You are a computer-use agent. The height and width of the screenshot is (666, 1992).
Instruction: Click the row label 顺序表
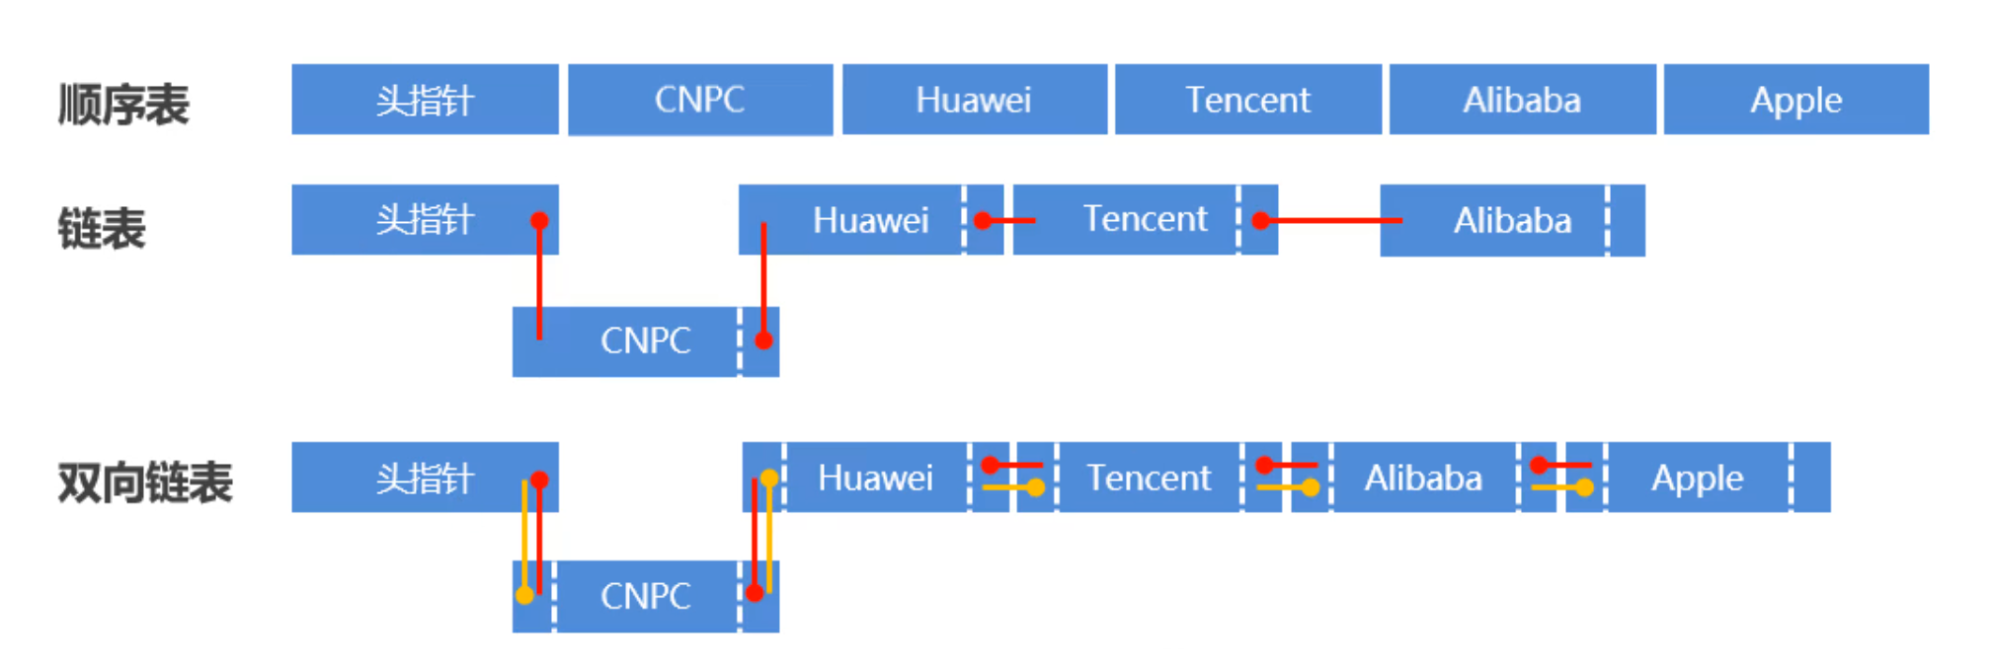click(123, 104)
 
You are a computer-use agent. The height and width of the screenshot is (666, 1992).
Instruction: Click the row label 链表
click(102, 228)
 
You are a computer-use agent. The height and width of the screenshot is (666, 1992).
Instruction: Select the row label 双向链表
click(145, 482)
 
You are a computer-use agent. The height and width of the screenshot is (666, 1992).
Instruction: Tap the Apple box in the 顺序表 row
click(1795, 100)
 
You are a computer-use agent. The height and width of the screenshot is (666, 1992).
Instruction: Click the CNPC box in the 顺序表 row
click(699, 100)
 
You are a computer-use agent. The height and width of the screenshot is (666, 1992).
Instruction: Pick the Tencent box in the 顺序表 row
click(1247, 100)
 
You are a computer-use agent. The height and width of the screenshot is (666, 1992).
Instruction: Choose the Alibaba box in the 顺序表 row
click(1522, 100)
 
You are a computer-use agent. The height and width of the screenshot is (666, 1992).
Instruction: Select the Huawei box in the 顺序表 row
click(974, 100)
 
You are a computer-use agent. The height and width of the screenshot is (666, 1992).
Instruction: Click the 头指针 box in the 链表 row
click(425, 219)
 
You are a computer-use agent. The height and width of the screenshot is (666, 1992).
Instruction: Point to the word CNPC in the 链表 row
click(645, 340)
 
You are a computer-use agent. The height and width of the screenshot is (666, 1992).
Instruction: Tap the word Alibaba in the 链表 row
click(1512, 220)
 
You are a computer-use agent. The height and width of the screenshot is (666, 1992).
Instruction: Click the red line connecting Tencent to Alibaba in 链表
click(1333, 220)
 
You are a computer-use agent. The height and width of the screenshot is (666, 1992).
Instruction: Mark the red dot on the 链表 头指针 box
click(539, 220)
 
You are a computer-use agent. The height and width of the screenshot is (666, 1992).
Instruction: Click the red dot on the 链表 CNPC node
click(763, 340)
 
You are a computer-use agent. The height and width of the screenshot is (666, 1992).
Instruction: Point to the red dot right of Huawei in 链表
click(983, 220)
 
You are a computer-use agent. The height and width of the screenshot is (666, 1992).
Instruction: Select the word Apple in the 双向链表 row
click(1697, 478)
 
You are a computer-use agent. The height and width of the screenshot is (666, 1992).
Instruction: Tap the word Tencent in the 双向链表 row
click(1149, 478)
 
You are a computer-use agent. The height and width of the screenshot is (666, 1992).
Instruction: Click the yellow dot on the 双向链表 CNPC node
click(524, 595)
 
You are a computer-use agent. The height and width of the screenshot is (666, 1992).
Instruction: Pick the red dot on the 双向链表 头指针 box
click(539, 480)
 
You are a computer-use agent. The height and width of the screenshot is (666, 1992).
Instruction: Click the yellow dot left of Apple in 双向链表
click(1584, 487)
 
